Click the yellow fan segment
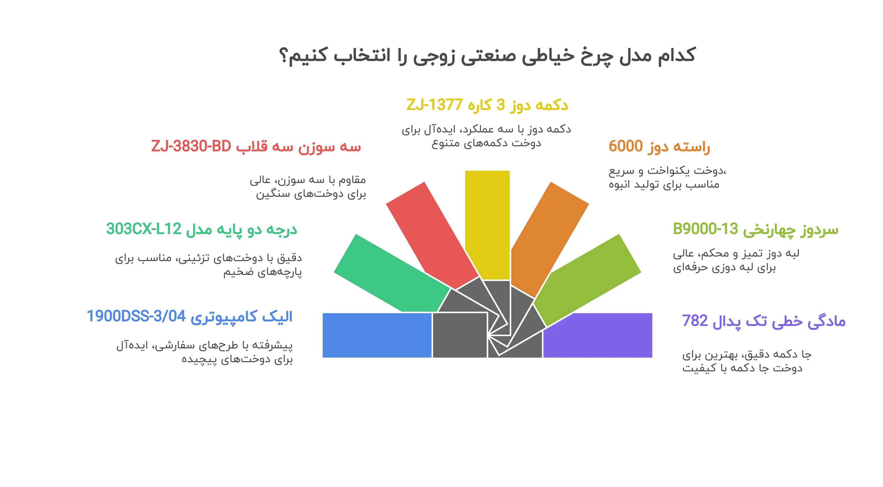click(x=487, y=223)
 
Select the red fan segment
click(x=428, y=233)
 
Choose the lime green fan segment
click(x=590, y=274)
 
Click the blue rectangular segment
click(x=377, y=335)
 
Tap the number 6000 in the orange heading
click(x=625, y=146)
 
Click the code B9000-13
click(x=705, y=229)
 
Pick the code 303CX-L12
click(x=144, y=229)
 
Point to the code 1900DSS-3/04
click(x=136, y=316)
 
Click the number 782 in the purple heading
click(x=695, y=321)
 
